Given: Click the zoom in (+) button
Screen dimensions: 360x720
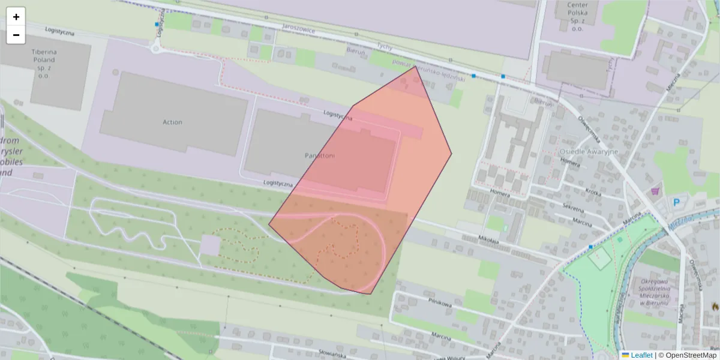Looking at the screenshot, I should click(x=16, y=17).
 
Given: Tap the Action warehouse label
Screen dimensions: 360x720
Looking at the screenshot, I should click(x=172, y=122).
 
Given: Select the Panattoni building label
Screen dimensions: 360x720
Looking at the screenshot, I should click(x=319, y=155).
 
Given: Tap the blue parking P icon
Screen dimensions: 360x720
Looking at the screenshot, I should click(x=677, y=203).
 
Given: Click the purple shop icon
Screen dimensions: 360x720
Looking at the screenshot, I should click(x=655, y=191).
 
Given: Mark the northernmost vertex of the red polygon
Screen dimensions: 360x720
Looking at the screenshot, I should click(x=415, y=66).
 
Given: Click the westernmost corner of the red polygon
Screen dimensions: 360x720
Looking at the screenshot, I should click(x=269, y=224).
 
